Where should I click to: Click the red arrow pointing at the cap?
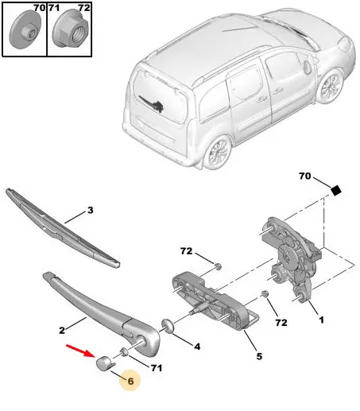point(79,351)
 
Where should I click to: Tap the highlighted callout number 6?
point(130,381)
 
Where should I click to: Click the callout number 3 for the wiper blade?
point(91,210)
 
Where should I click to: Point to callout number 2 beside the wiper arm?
point(62,330)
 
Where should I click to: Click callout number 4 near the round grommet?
point(197,347)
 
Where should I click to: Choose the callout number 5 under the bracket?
point(259,356)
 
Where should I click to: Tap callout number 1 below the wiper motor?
point(321,320)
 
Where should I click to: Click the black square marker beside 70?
point(336,190)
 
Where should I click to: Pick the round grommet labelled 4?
point(168,326)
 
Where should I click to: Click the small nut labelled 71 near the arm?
point(124,352)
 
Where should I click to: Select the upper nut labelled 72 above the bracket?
point(218,266)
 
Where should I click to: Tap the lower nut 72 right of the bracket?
point(265,294)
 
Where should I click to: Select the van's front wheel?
point(331,85)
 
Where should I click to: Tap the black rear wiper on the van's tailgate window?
point(152,104)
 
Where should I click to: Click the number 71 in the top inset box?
point(54,8)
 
